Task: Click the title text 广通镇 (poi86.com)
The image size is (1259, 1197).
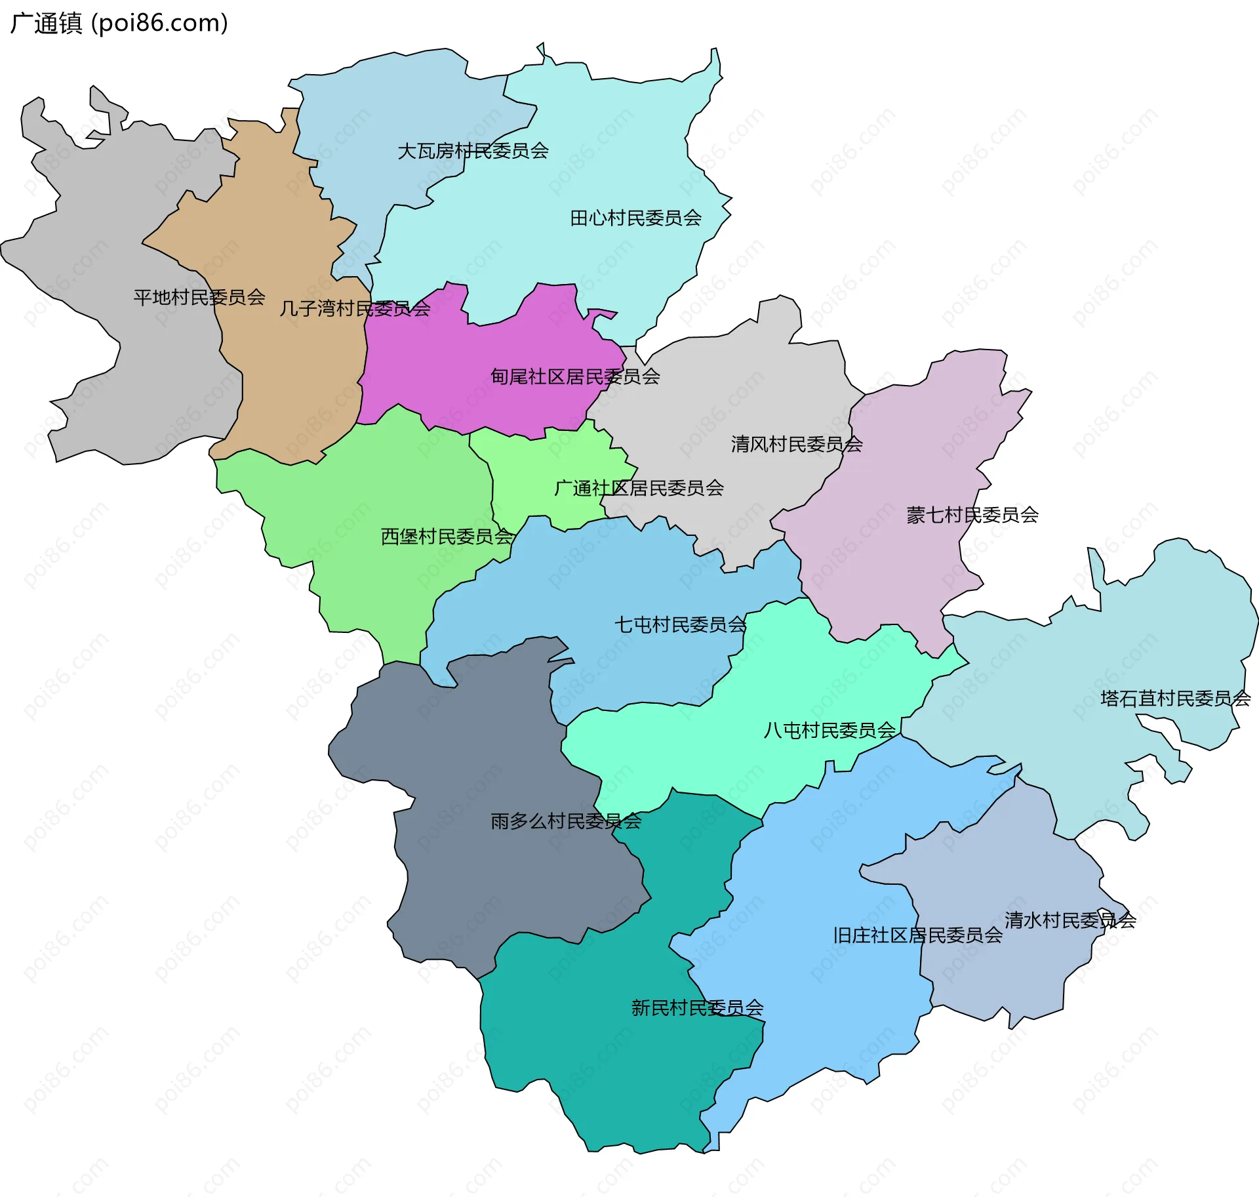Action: [x=119, y=23]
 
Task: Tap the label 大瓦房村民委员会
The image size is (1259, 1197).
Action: [x=473, y=151]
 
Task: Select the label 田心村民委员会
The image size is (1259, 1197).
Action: [x=635, y=218]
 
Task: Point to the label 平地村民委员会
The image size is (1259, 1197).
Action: [x=199, y=297]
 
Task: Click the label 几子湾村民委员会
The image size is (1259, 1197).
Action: [x=355, y=308]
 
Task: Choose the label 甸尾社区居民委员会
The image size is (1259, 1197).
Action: [x=575, y=376]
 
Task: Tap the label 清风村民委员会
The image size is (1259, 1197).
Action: [x=796, y=444]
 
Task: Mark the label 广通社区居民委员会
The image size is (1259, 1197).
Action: [x=639, y=488]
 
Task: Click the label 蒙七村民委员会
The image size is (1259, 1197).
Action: [x=972, y=515]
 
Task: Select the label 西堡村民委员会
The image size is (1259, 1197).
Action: [x=447, y=537]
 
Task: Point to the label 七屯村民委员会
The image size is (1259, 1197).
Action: [x=680, y=624]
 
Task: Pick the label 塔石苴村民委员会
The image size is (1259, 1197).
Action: [x=1175, y=698]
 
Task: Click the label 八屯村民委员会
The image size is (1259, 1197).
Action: [x=829, y=730]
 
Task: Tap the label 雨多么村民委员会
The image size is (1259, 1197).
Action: [x=566, y=821]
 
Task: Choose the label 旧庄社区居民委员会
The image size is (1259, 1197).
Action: [x=917, y=935]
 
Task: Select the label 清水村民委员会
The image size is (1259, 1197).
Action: [x=1070, y=920]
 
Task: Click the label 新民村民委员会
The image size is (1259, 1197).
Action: [x=697, y=1007]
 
